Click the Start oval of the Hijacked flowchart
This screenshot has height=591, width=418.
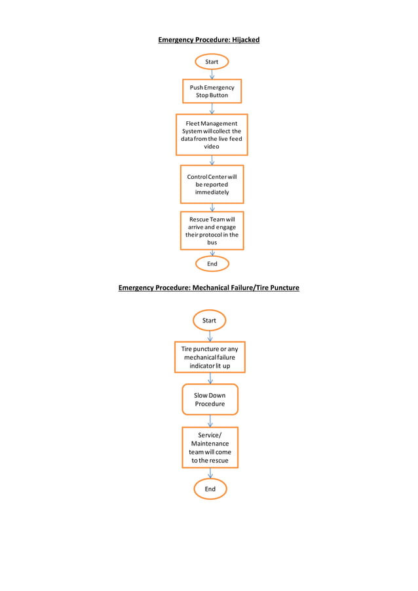pyautogui.click(x=212, y=62)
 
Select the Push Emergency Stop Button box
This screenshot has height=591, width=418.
pyautogui.click(x=212, y=91)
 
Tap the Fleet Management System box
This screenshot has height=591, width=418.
pyautogui.click(x=211, y=135)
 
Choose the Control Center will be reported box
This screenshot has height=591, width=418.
pyautogui.click(x=212, y=184)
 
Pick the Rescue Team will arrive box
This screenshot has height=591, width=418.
pyautogui.click(x=212, y=231)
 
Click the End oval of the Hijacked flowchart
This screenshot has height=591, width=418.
pyautogui.click(x=212, y=263)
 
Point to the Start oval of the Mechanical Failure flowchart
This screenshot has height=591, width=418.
pyautogui.click(x=209, y=320)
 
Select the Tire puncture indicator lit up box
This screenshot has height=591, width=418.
pyautogui.click(x=210, y=357)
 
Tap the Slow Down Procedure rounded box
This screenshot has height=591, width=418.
pyautogui.click(x=210, y=400)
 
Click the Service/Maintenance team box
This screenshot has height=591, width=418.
pyautogui.click(x=210, y=448)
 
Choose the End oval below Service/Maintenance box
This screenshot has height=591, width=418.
pyautogui.click(x=210, y=489)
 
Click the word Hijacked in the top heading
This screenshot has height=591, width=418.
pyautogui.click(x=245, y=40)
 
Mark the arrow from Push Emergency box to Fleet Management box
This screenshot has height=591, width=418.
pyautogui.click(x=212, y=109)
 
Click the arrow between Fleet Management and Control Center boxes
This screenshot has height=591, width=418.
pyautogui.click(x=212, y=160)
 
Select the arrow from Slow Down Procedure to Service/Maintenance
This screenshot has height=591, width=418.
pyautogui.click(x=210, y=421)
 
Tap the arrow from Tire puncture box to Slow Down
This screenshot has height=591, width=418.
pyautogui.click(x=210, y=378)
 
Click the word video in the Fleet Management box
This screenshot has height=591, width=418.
pyautogui.click(x=211, y=147)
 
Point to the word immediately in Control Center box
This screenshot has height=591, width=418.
pyautogui.click(x=212, y=192)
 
